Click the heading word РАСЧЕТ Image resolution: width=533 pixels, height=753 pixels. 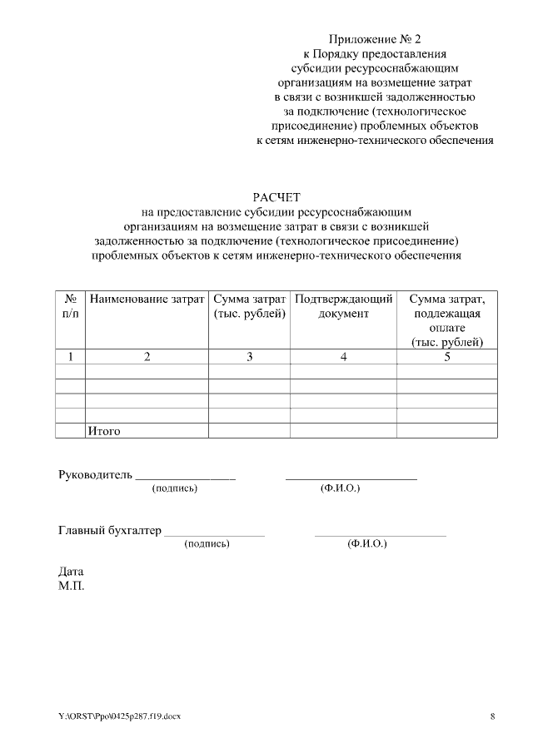tap(275, 196)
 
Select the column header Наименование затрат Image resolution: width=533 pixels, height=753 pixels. tap(147, 298)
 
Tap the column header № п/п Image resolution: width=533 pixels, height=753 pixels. tap(71, 305)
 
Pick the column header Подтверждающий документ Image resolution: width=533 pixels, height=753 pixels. tap(343, 305)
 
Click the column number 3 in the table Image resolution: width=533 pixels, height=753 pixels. tap(249, 357)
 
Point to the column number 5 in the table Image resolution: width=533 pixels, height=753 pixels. tap(446, 357)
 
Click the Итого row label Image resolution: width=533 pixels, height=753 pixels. tap(105, 431)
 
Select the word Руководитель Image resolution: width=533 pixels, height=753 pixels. tap(95, 475)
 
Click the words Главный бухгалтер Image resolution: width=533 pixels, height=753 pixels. tap(109, 530)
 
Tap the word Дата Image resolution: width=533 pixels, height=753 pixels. tap(71, 572)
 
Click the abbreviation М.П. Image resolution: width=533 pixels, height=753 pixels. tap(72, 585)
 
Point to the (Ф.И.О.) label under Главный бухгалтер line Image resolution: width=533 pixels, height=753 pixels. tap(366, 543)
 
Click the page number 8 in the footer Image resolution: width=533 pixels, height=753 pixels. tap(492, 716)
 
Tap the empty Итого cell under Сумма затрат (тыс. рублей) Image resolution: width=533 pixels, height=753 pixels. tap(249, 431)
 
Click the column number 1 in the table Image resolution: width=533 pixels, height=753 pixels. tap(71, 357)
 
